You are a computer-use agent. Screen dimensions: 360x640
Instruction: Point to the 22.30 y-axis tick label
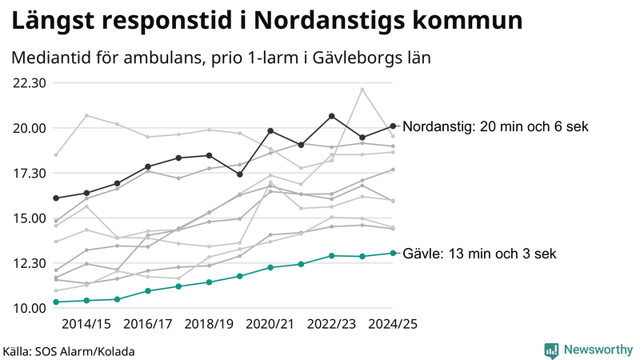[x=28, y=83]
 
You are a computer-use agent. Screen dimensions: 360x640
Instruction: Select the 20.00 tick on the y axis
[x=28, y=128]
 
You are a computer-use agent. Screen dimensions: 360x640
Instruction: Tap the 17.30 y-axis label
[x=28, y=174]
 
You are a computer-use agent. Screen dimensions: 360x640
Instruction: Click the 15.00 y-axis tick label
[x=28, y=218]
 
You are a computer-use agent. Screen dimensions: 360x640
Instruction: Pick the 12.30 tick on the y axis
[x=28, y=263]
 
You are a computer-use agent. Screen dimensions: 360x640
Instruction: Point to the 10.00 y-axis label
[x=28, y=309]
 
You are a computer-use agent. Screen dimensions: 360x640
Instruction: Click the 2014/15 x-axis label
[x=86, y=324]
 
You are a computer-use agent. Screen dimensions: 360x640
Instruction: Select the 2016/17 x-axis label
[x=148, y=324]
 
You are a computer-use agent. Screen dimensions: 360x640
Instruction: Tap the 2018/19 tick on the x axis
[x=210, y=324]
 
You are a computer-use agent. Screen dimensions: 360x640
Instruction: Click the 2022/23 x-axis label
[x=332, y=324]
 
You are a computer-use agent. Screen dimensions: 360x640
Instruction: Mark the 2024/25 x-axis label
[x=393, y=324]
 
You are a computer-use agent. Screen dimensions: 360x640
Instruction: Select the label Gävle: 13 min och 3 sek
[x=479, y=254]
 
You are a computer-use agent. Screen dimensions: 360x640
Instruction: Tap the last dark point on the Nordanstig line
[x=393, y=126]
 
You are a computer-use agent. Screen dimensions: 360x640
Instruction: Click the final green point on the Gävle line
[x=393, y=253]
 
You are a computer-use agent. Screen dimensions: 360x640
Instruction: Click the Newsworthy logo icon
[x=551, y=350]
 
